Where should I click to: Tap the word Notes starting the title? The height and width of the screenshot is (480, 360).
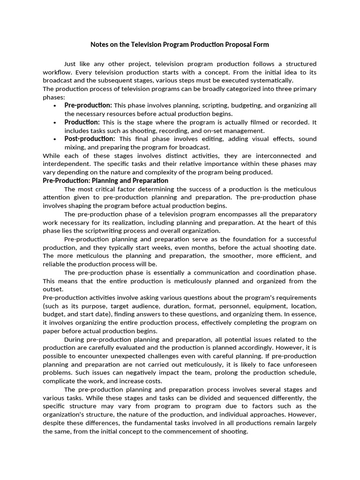pos(100,45)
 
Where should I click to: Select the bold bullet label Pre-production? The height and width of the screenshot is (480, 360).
pos(88,105)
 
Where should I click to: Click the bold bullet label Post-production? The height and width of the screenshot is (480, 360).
pos(90,139)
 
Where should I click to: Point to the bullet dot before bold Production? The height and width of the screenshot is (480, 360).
pos(55,122)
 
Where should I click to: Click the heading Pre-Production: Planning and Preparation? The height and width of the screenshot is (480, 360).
pos(105,180)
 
